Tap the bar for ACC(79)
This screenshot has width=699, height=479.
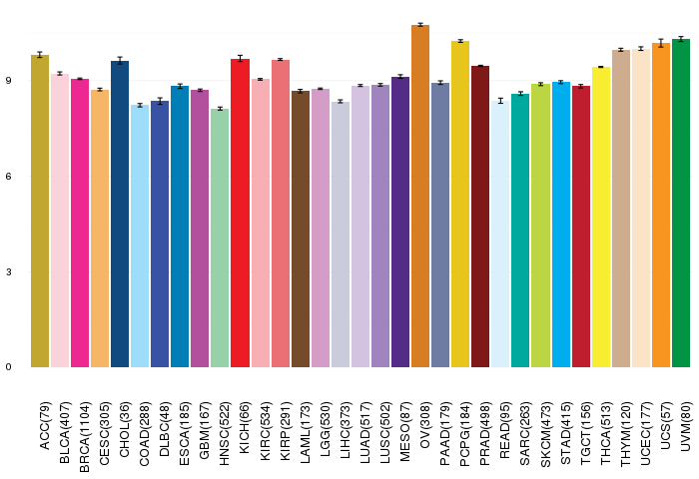coord(40,211)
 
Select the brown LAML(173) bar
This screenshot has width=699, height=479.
coord(301,229)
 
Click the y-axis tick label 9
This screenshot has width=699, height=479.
coord(10,81)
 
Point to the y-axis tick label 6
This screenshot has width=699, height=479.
coord(10,177)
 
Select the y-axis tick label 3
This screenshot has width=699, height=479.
coord(10,272)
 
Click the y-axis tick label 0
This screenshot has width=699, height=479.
coord(10,367)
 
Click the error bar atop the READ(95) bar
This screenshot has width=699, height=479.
coord(500,101)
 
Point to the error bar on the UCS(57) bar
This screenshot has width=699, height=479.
coord(661,43)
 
